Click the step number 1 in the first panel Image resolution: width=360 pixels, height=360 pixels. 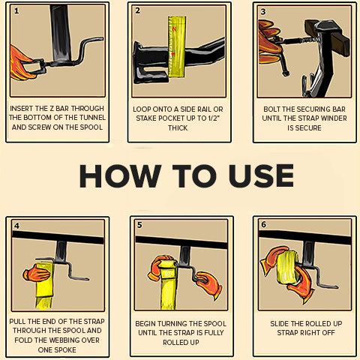(16, 11)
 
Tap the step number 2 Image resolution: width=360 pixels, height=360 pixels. (137, 10)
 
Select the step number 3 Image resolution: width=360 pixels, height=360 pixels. (263, 12)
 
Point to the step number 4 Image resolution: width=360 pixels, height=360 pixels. (16, 226)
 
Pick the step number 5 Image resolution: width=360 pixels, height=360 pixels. (139, 225)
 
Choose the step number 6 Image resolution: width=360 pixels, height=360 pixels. (263, 224)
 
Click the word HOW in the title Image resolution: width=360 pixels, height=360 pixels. (120, 175)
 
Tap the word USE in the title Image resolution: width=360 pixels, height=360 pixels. (261, 175)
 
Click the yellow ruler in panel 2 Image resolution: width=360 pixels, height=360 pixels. (177, 46)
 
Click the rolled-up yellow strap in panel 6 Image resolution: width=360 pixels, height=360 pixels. (287, 268)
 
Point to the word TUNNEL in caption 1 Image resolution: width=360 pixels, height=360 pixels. (91, 118)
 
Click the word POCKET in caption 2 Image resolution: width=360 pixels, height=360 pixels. (166, 118)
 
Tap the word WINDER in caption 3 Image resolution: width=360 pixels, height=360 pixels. (334, 118)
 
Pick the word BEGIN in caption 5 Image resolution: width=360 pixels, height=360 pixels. (145, 324)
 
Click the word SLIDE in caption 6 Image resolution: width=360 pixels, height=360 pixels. (279, 324)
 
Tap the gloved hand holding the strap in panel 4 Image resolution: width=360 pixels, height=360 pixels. (37, 274)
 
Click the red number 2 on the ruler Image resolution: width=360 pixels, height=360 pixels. (174, 29)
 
